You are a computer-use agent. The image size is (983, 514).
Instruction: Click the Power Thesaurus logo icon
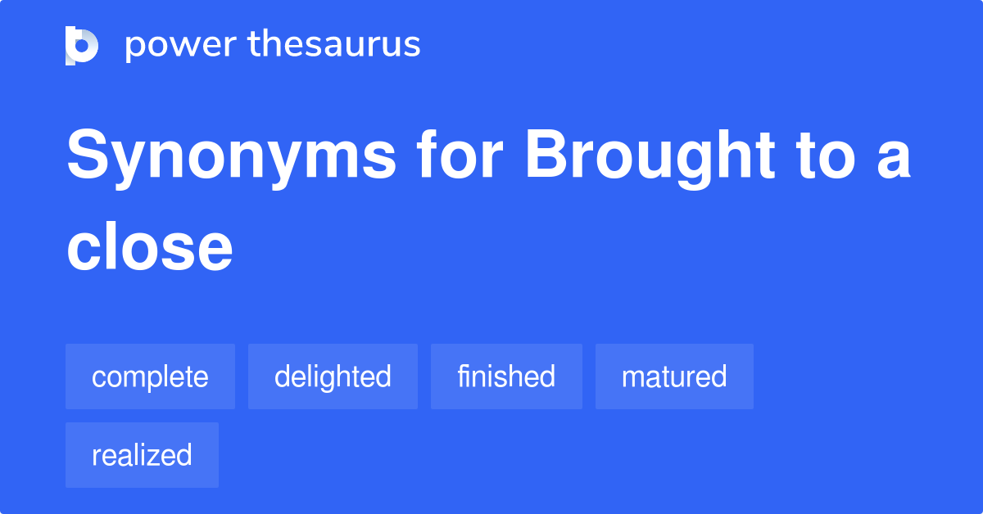[x=82, y=45]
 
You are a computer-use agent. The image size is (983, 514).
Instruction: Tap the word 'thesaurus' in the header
[x=334, y=45]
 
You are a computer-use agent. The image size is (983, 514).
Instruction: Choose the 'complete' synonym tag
[x=150, y=376]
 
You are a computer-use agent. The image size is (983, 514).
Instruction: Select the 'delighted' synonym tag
[x=333, y=376]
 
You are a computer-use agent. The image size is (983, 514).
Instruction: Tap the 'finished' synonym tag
[x=506, y=376]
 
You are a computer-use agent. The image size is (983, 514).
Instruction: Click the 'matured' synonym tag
[x=674, y=376]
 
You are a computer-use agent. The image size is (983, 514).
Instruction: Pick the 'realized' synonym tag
[x=142, y=455]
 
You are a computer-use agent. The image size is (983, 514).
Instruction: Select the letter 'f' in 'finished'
[x=462, y=376]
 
